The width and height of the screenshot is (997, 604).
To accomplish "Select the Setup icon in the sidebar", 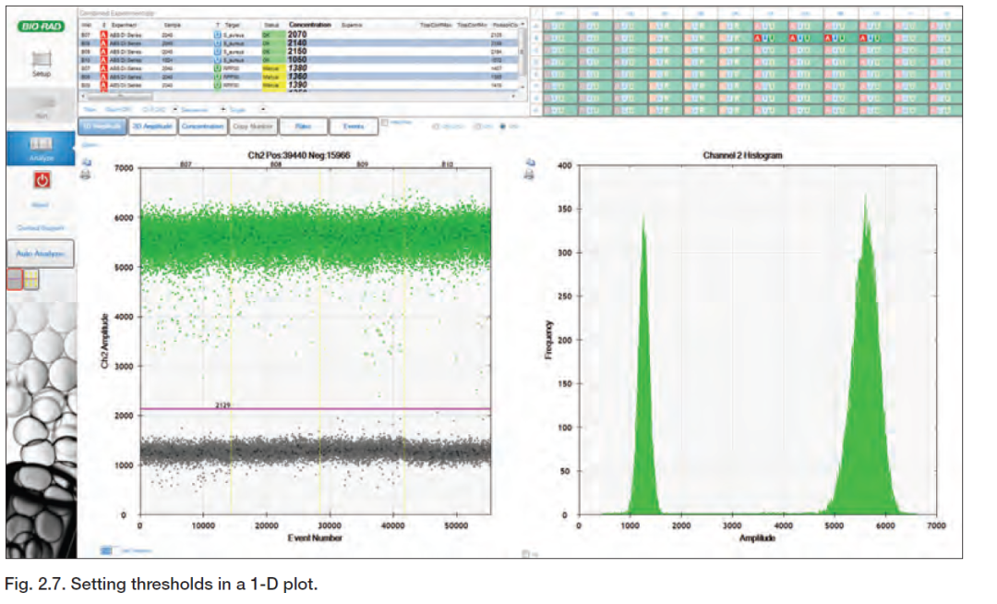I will pos(42,62).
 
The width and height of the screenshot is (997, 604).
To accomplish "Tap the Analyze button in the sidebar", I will pos(42,148).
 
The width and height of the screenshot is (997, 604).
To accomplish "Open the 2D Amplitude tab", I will pos(149,127).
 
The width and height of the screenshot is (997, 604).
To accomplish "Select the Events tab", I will pos(354,127).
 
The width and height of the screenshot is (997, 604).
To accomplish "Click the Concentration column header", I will pos(309,24).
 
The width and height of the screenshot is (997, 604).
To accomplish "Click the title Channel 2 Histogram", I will pos(742,155).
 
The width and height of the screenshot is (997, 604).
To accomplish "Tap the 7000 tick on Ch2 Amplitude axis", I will pos(124,168).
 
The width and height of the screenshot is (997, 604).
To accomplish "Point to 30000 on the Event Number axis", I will pos(330,525).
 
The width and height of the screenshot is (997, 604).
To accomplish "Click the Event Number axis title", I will pos(315,537).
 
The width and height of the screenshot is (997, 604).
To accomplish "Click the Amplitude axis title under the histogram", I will pos(757,537).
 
